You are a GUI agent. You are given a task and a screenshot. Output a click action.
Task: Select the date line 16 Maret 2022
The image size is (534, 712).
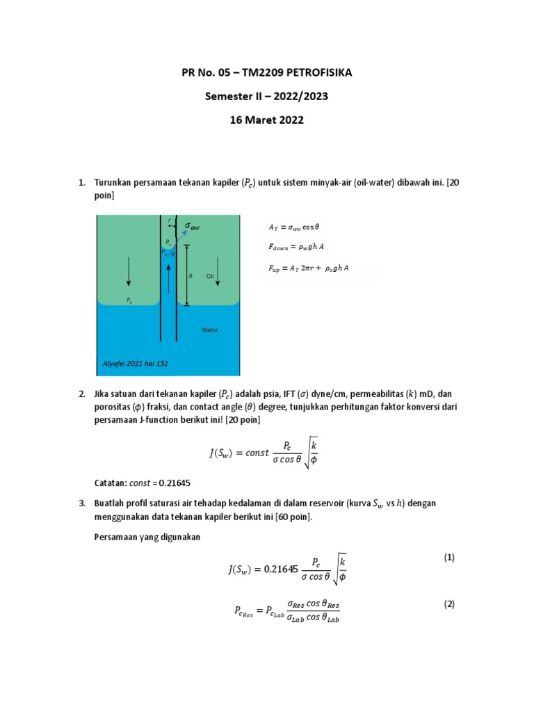coord(267,120)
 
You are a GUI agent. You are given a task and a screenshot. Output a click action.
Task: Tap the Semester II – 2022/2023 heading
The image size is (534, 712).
coord(267,97)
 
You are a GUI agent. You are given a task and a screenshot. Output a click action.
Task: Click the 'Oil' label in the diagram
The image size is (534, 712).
coord(210,276)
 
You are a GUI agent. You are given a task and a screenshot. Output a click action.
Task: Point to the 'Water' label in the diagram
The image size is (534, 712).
coord(209,330)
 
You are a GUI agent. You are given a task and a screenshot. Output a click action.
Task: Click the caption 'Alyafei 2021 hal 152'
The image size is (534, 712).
coord(136,363)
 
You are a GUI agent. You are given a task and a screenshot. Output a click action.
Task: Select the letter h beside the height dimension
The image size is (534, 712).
coord(190,276)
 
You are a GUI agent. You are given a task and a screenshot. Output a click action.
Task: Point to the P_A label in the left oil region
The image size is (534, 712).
coord(129,300)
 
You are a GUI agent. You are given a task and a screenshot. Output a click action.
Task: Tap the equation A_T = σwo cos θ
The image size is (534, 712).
coord(293,227)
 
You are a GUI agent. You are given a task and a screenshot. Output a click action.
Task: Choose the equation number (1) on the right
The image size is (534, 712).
coord(448,557)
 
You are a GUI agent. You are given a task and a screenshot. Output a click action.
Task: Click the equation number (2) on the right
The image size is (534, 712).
coord(448,604)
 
